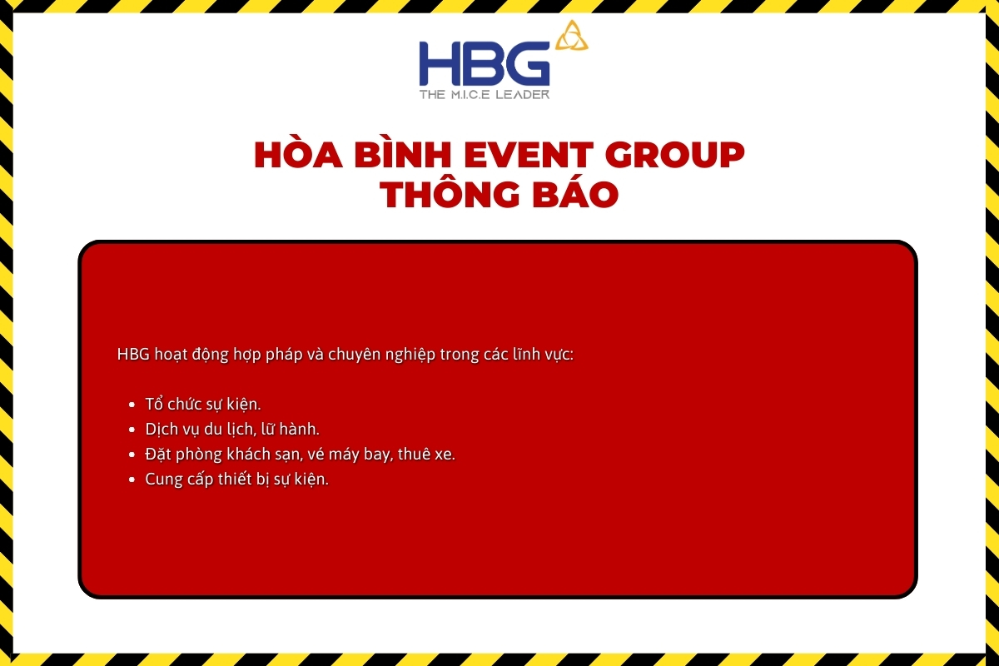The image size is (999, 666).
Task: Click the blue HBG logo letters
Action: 485,63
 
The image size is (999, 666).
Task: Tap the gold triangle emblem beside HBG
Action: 571,36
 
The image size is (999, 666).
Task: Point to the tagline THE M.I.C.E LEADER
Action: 485,94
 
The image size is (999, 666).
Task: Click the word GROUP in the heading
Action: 675,155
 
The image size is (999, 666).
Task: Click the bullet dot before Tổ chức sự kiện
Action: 132,405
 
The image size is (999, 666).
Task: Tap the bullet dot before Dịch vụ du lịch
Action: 132,430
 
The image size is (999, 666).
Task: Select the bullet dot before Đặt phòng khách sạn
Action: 132,455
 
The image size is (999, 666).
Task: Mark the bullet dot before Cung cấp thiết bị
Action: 132,480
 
